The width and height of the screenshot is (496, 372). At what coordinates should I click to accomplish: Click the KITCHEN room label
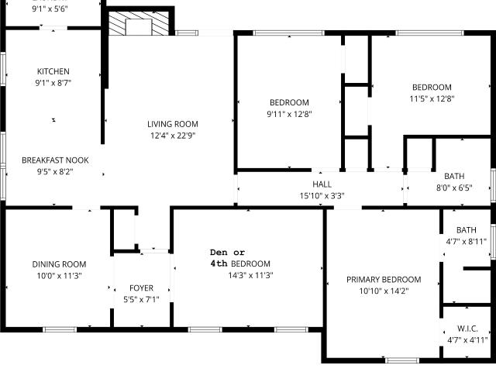(53, 71)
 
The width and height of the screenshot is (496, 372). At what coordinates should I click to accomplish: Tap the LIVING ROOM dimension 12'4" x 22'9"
(173, 136)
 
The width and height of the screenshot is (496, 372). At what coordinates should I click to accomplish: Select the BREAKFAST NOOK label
(55, 160)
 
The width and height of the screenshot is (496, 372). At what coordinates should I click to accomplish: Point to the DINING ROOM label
(59, 264)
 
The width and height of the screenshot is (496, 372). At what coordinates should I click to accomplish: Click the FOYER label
(141, 288)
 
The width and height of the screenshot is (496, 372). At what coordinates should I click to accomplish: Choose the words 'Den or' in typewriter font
(227, 253)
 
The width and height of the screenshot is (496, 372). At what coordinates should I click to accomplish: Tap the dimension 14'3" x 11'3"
(250, 276)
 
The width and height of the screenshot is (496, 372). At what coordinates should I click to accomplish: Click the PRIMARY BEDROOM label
(384, 280)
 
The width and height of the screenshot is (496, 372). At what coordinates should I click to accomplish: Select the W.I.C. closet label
(467, 329)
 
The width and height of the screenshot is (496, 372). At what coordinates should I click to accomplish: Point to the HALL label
(322, 184)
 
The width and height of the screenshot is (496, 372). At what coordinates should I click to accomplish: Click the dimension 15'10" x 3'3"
(322, 196)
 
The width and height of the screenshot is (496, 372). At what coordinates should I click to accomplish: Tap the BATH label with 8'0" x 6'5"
(454, 176)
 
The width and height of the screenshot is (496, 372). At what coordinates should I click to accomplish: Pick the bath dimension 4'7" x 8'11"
(467, 242)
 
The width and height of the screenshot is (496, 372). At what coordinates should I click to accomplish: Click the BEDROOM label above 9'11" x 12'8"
(289, 102)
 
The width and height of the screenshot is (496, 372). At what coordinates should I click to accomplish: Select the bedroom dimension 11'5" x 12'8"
(432, 98)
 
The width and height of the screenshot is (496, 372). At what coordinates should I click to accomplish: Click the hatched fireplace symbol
(139, 23)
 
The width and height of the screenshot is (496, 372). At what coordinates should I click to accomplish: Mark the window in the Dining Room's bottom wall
(60, 329)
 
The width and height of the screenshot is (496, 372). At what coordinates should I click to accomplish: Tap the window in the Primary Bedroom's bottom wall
(402, 360)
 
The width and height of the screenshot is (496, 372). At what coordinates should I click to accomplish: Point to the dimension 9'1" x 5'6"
(50, 9)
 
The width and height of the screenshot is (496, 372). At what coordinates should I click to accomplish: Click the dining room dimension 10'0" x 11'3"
(59, 276)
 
